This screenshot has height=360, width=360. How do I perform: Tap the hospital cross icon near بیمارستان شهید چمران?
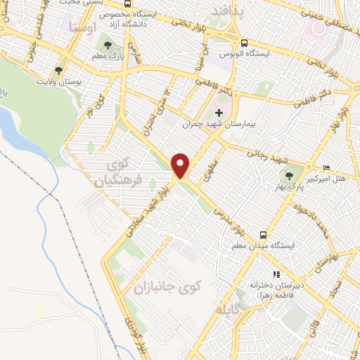tap(219, 112)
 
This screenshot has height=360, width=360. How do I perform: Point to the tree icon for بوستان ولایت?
tap(58, 70)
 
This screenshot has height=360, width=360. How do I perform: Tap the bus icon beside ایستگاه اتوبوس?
tap(243, 42)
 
